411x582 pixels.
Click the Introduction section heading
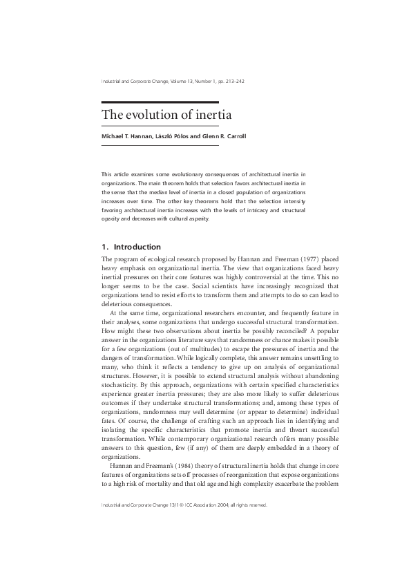137,247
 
